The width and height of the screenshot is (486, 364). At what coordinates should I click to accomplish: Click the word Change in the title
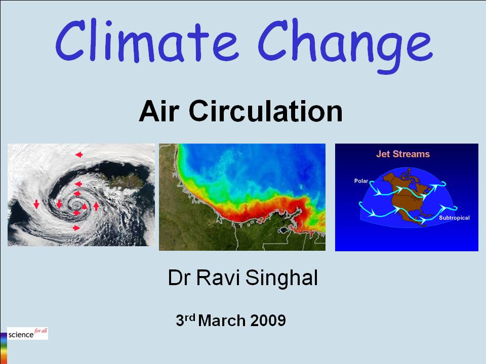tap(345, 43)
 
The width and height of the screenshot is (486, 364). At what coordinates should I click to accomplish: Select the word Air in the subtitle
tap(159, 112)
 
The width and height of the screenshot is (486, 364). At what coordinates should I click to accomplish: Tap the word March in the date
tap(223, 320)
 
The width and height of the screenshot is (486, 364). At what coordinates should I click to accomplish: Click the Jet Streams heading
tap(402, 154)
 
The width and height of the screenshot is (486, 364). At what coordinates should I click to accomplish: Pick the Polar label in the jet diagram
tap(362, 180)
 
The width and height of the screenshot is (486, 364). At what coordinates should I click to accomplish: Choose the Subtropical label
tap(454, 218)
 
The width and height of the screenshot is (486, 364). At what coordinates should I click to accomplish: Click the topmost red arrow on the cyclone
tap(78, 155)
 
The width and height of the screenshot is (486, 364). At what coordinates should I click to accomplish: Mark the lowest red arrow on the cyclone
tap(76, 228)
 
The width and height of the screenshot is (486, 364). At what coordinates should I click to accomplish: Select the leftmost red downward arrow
tap(36, 204)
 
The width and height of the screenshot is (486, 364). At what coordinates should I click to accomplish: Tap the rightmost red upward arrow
tap(96, 206)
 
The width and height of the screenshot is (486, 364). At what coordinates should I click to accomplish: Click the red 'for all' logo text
tap(40, 331)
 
